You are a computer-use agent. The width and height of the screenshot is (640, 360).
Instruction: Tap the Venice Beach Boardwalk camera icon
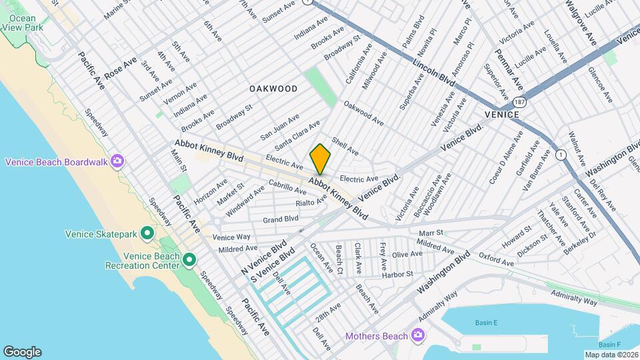tap(118, 161)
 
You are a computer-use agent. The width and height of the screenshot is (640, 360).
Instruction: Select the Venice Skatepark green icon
tap(147, 233)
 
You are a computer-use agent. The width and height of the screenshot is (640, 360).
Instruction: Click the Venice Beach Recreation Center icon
tap(189, 259)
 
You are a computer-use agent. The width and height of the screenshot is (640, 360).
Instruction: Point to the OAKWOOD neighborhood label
tap(273, 89)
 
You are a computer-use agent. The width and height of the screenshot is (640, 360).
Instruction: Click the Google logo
tap(22, 351)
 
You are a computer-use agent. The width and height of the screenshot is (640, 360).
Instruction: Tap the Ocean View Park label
tap(23, 24)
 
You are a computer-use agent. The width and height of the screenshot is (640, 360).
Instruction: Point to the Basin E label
tap(487, 323)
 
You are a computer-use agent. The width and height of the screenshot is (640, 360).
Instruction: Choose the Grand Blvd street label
tap(280, 219)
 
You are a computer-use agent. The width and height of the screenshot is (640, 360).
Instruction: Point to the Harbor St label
tap(397, 274)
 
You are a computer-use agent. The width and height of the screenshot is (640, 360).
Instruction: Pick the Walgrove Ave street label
tap(580, 21)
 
